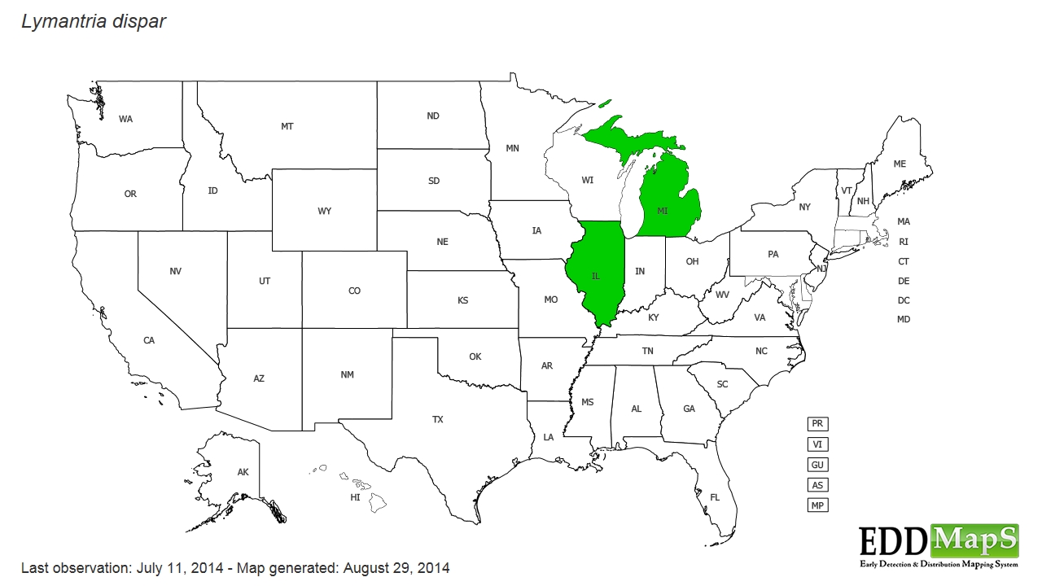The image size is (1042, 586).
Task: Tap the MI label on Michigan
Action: point(663,211)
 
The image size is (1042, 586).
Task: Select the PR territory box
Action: point(817,424)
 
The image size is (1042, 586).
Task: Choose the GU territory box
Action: point(817,465)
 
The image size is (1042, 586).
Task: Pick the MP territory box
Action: point(817,505)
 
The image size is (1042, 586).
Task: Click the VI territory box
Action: point(817,444)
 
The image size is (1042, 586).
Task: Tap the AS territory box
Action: point(817,485)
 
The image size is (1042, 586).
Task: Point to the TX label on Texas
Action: point(438,420)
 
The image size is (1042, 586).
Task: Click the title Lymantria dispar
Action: point(94,22)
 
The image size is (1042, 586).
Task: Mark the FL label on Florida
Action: point(715,497)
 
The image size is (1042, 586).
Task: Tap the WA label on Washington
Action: point(125,120)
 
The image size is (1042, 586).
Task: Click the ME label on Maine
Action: point(900,164)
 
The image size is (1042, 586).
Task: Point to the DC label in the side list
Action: point(904,300)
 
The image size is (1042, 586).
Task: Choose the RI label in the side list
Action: point(904,242)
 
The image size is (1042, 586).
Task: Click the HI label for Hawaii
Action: point(356,497)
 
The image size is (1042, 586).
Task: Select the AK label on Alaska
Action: point(243,473)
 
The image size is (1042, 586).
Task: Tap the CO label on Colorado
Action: point(354,291)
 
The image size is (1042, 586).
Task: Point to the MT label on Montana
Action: point(287,127)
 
